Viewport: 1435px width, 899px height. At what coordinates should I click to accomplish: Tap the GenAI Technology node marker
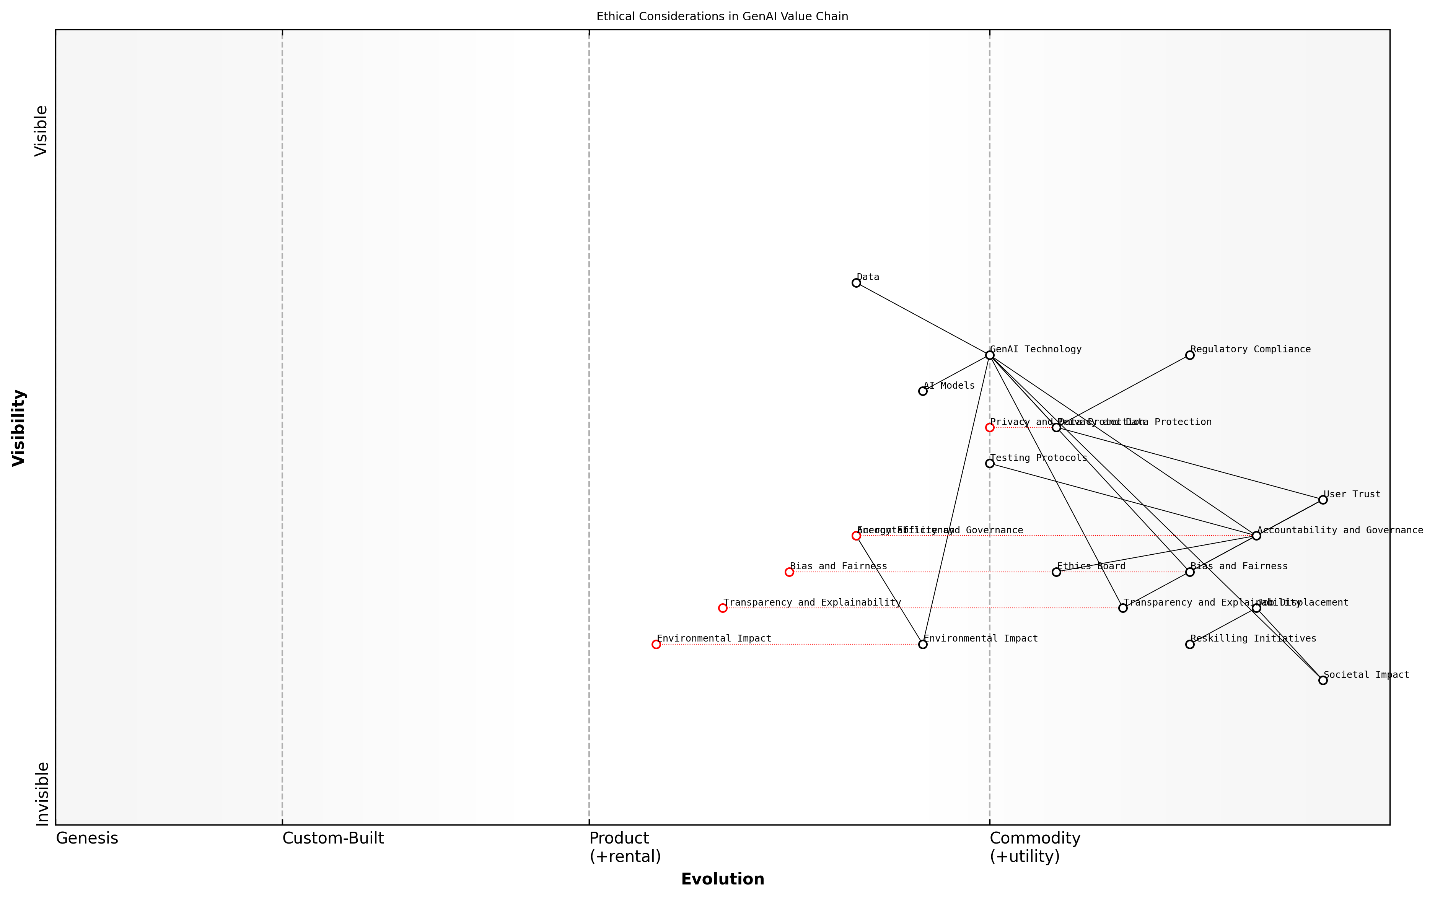tap(989, 355)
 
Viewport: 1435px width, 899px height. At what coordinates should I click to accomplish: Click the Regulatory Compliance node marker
tap(1189, 355)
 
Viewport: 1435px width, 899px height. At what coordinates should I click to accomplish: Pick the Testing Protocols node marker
tap(989, 464)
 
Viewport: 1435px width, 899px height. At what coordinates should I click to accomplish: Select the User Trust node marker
tap(1323, 500)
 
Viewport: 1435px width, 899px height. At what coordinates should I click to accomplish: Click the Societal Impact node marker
tap(1323, 680)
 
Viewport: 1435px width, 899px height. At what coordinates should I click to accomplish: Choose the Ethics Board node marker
tap(1056, 572)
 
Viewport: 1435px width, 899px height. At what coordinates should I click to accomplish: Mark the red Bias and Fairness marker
tap(789, 572)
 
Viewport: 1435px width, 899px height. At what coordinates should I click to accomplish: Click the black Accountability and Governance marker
tap(1256, 536)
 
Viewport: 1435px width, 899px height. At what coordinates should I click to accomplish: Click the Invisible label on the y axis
tap(42, 794)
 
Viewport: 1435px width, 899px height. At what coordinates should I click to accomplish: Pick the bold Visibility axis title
tap(19, 427)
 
